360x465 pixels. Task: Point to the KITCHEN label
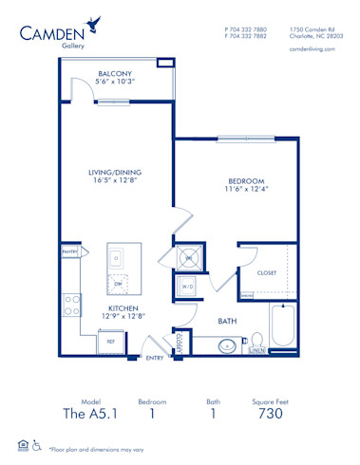click(x=124, y=307)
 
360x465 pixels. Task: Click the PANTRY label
click(x=68, y=251)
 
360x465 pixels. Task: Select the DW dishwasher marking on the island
click(x=118, y=283)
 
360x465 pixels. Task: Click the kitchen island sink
click(x=116, y=256)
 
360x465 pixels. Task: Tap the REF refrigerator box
click(x=110, y=340)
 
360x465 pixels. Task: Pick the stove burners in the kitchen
click(x=70, y=305)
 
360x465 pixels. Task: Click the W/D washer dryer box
click(x=187, y=286)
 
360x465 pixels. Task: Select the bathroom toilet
click(x=256, y=342)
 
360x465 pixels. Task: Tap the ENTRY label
click(x=155, y=358)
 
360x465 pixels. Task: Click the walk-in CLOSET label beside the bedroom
click(x=267, y=272)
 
